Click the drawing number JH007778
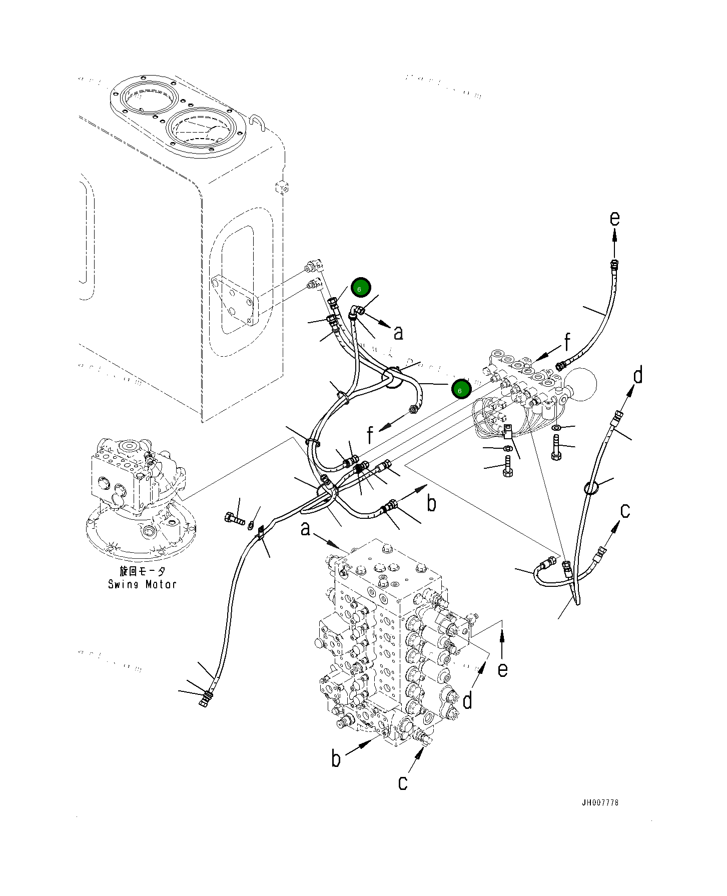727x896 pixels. (600, 802)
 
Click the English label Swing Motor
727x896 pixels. (142, 584)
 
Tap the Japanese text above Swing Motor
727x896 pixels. (142, 571)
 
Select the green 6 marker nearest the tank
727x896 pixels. (361, 288)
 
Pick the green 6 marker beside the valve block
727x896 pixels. (461, 389)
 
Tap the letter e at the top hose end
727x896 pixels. (615, 219)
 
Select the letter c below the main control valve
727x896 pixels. (403, 782)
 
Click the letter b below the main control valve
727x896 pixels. (336, 758)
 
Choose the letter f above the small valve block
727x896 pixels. (567, 343)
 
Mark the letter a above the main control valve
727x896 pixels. (305, 528)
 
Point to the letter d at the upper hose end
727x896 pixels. (638, 375)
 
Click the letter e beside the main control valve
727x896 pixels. (502, 669)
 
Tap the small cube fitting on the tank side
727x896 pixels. (282, 188)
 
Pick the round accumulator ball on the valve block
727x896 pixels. (583, 384)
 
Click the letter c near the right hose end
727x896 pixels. (625, 511)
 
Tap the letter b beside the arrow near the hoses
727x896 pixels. (431, 503)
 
